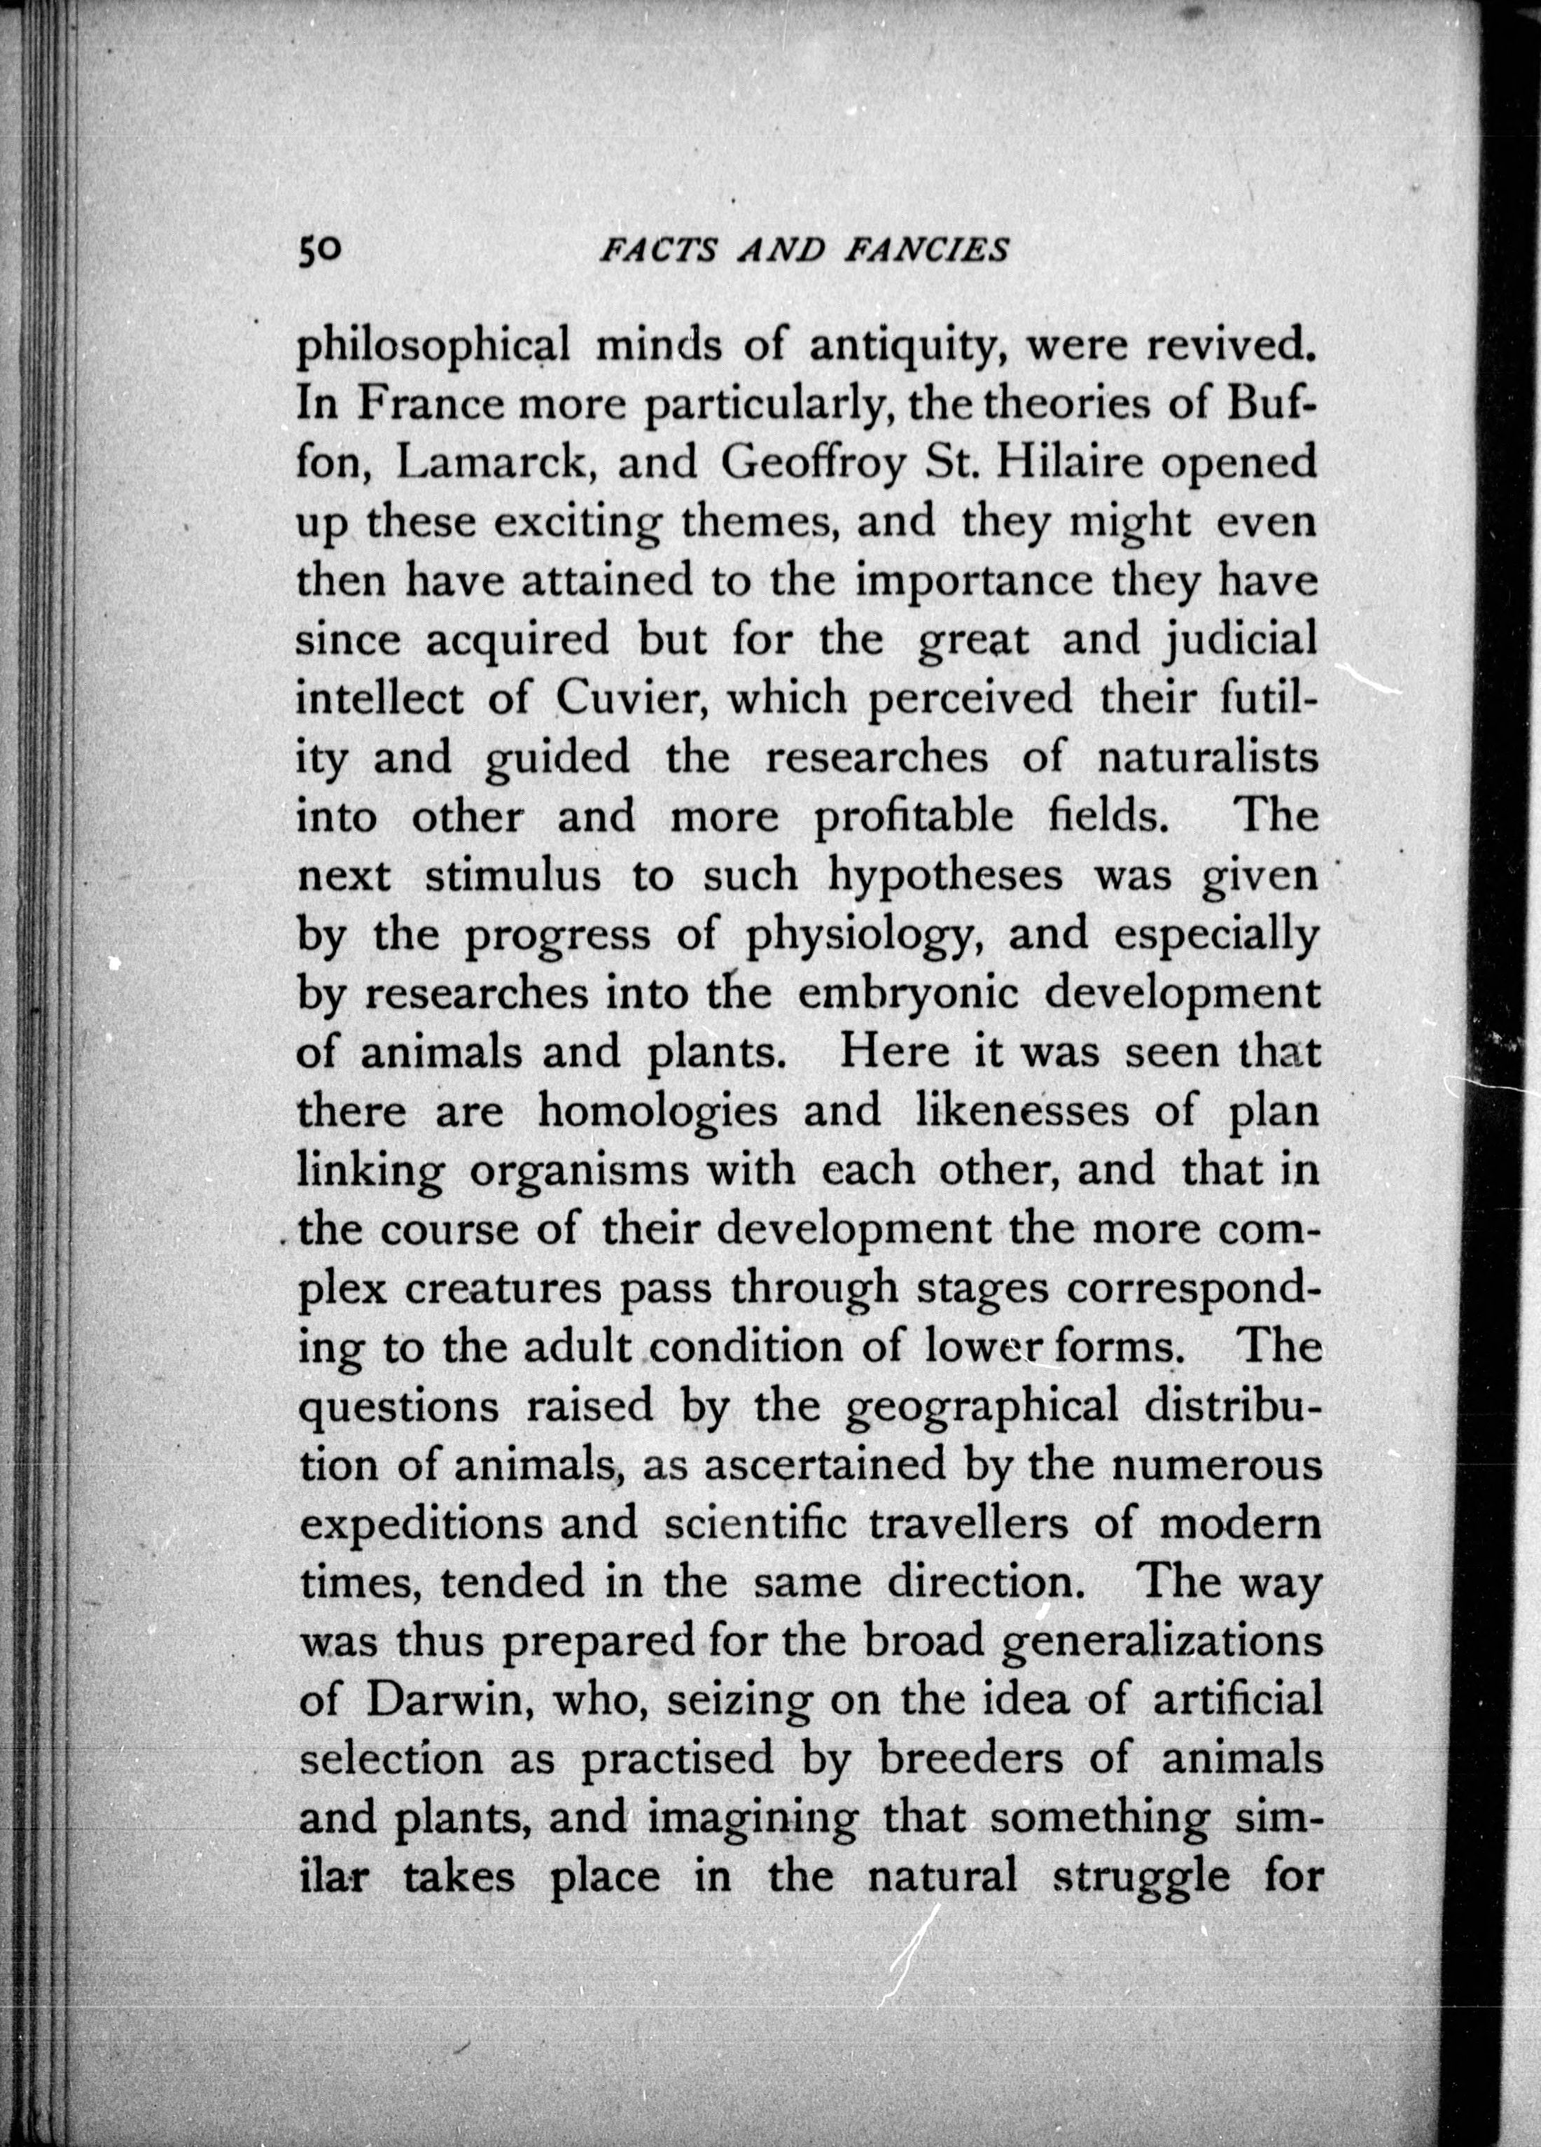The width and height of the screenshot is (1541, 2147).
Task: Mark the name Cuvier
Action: [x=625, y=699]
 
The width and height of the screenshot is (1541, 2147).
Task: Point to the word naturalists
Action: [x=1208, y=758]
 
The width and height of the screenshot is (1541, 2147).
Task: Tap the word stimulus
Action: [x=512, y=875]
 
